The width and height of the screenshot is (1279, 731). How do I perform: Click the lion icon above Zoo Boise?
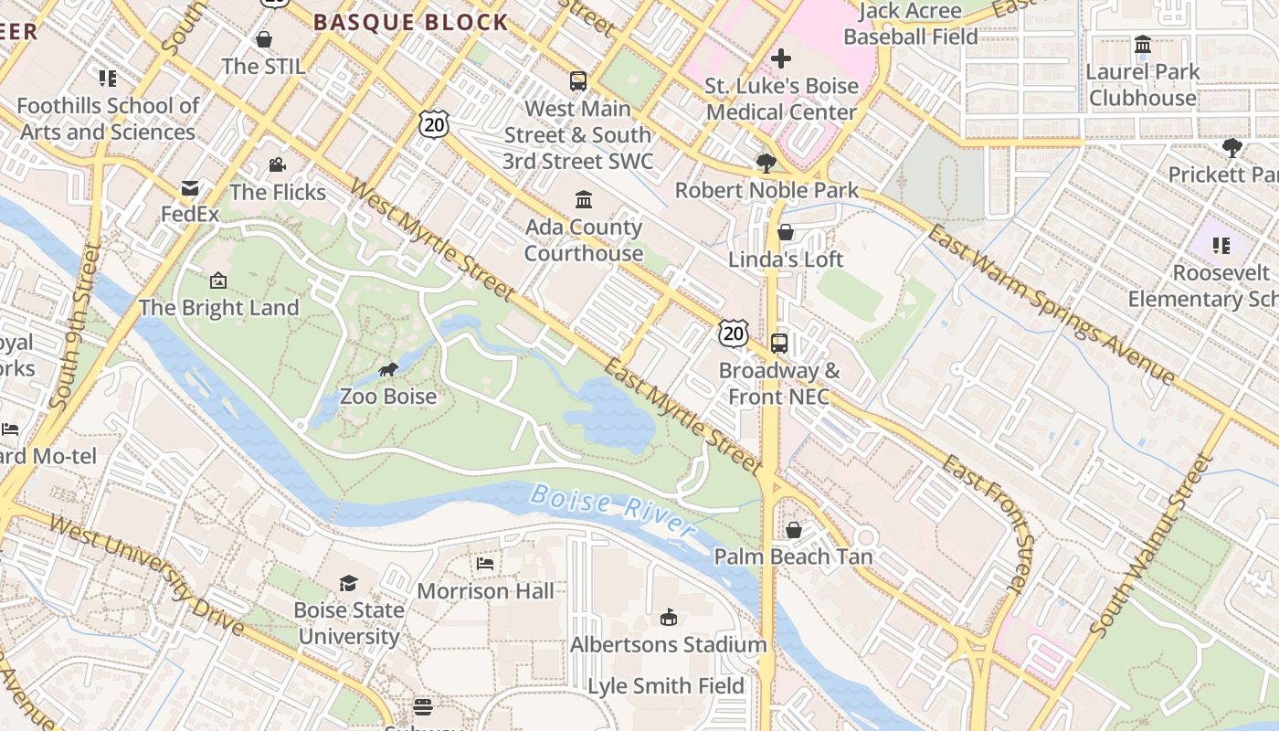point(388,370)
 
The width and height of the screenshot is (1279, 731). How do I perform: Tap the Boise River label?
point(612,510)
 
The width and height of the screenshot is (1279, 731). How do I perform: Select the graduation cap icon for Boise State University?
point(348,583)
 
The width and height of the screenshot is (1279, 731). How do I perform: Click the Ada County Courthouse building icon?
point(583,200)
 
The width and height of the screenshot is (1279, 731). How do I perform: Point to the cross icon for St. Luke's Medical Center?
point(781,59)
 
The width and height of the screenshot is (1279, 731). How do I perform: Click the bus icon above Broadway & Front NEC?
point(779,344)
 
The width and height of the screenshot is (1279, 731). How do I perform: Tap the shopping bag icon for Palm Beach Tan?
point(793,530)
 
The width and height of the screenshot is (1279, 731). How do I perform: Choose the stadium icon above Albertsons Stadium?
point(669,618)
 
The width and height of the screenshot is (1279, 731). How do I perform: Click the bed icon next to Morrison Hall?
point(485,564)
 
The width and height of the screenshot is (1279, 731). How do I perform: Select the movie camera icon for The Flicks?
point(277,165)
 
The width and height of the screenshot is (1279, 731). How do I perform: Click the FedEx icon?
point(190,188)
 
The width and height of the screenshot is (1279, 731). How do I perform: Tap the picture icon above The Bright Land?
point(218,281)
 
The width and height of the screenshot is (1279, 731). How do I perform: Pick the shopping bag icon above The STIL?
point(264,39)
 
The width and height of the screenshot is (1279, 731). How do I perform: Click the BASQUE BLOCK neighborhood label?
point(410,22)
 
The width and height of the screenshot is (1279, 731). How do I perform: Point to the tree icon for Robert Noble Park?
point(766,164)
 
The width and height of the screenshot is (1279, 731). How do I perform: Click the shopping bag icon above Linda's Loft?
point(786,233)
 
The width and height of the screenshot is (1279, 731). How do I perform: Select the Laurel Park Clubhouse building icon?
point(1142,45)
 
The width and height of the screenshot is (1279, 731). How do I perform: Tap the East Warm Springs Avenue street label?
point(1051,304)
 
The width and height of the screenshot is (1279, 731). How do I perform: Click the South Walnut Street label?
point(1150,546)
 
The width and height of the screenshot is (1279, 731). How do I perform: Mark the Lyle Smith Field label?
point(666,686)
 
